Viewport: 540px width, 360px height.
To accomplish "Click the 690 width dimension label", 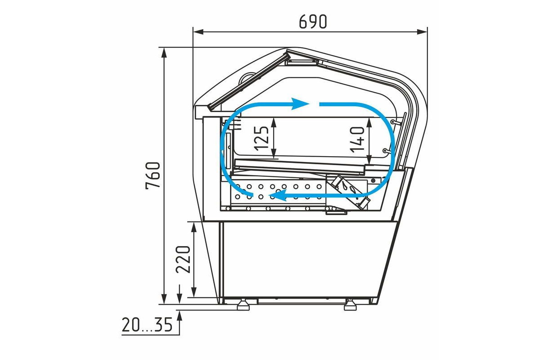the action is coord(313,22).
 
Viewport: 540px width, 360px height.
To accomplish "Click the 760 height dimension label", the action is coord(153,176).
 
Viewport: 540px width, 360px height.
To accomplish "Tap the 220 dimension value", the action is coord(183,260).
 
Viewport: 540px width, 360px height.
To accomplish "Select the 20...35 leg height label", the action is coord(147,324).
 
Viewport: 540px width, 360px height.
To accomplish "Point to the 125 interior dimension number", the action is coord(261,139).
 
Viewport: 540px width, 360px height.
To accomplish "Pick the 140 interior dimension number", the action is coord(357,139).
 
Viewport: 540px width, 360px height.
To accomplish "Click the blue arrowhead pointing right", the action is coord(300,104).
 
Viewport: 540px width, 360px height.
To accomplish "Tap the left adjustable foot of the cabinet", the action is coord(243,305).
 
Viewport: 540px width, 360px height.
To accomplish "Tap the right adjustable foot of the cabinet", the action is coord(350,305).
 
